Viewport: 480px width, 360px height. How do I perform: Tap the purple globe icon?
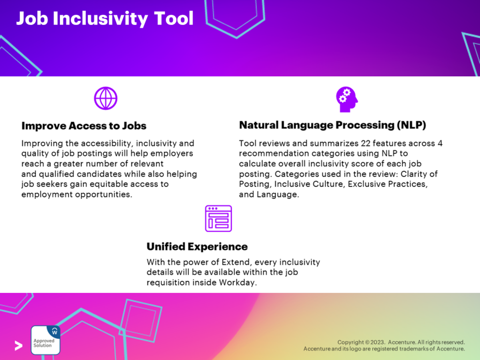coord(106,99)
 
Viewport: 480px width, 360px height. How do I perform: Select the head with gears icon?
coord(347,99)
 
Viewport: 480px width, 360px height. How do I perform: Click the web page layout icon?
coord(219,219)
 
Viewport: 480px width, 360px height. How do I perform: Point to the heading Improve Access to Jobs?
coord(84,126)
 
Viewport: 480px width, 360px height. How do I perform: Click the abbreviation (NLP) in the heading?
coord(411,125)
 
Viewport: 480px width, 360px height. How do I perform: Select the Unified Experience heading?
coord(197,246)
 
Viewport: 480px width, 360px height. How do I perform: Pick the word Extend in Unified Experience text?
coord(236,262)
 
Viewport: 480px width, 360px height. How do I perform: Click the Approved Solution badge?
coord(45,340)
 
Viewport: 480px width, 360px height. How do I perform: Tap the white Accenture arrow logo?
coord(19,345)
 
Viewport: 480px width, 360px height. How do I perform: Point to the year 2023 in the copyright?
coord(377,342)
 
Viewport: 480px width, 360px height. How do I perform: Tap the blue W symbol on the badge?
coord(55,331)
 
